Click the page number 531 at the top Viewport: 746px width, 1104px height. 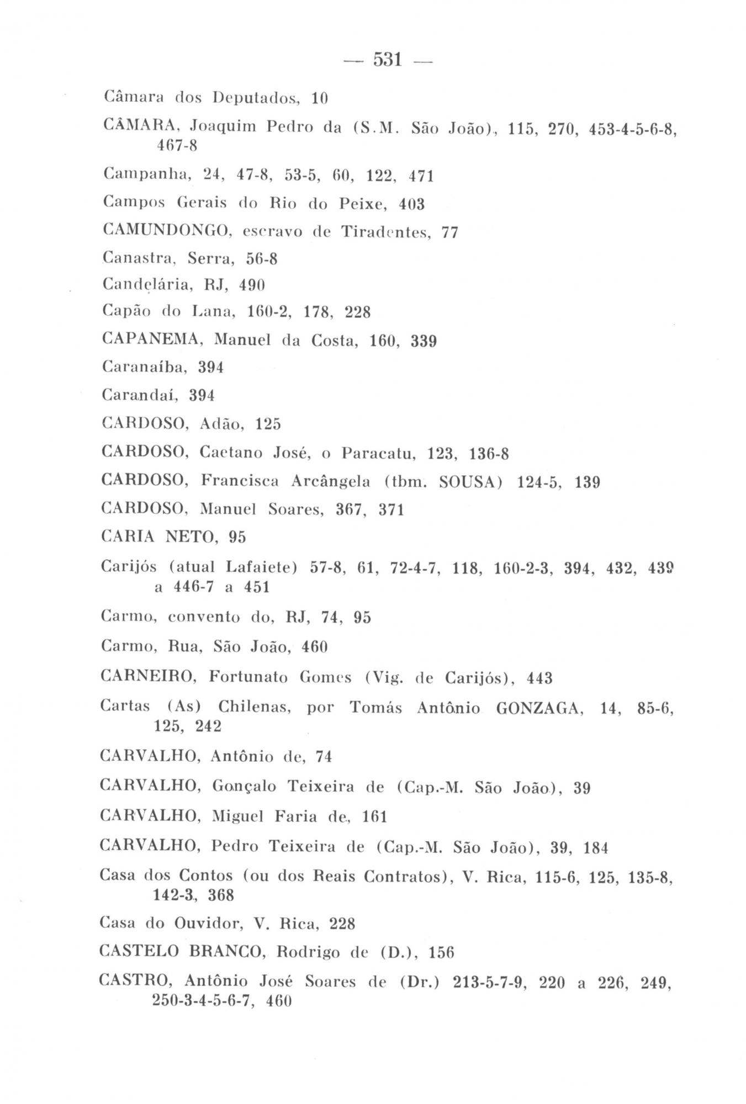coord(387,59)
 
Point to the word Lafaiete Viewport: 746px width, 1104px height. coord(259,567)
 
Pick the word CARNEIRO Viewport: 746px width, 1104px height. coord(149,677)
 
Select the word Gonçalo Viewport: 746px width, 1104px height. coord(244,787)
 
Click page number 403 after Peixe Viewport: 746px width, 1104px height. coord(412,204)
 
